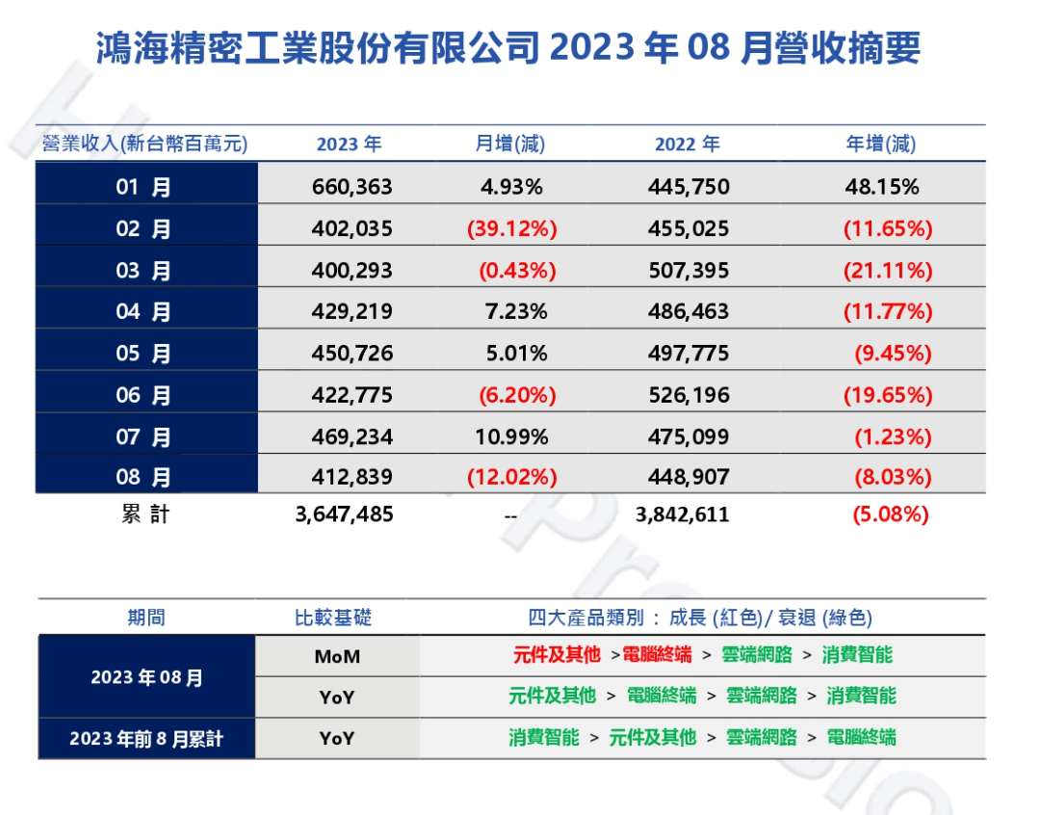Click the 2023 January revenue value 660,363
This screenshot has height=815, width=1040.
[352, 187]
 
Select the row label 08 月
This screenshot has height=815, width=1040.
[143, 478]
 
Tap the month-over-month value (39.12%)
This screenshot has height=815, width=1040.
[512, 229]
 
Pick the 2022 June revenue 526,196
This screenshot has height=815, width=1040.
[689, 395]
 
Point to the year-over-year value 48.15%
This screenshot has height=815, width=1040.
[881, 187]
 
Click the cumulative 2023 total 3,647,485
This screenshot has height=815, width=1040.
[344, 514]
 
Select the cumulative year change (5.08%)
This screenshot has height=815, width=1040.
[891, 514]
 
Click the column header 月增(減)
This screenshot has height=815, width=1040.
[509, 145]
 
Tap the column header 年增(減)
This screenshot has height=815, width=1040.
[880, 145]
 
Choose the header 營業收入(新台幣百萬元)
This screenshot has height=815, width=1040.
[144, 145]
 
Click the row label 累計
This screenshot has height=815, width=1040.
[145, 514]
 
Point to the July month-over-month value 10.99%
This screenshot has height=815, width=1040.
[511, 437]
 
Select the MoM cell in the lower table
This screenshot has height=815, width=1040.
[337, 656]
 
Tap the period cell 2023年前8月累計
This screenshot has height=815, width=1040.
[146, 739]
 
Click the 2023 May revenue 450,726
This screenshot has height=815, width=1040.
[352, 354]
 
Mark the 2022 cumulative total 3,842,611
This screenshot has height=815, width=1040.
[683, 514]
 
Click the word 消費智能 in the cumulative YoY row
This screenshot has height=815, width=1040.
[544, 738]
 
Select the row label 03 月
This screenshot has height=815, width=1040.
[143, 271]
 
